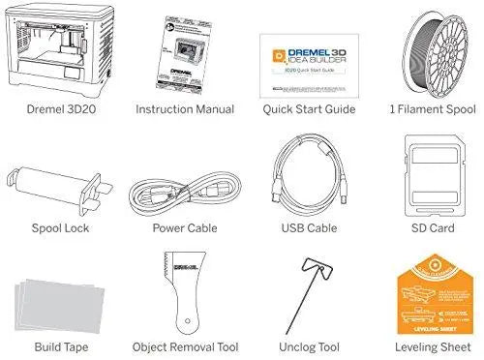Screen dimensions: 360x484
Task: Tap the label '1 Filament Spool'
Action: tap(425, 110)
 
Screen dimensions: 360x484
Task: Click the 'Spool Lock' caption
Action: tap(56, 229)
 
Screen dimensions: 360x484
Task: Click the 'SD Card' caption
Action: tap(426, 229)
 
